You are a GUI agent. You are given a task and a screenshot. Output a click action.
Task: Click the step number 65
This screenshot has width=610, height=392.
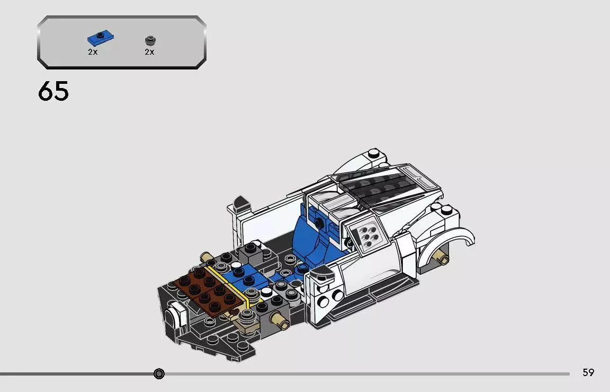53,91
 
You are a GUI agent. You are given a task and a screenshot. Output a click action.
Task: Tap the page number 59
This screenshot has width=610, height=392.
588,372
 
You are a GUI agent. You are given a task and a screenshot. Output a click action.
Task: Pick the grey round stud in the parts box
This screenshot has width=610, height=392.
149,40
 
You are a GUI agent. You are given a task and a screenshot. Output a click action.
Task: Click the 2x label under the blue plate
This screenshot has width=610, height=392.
93,52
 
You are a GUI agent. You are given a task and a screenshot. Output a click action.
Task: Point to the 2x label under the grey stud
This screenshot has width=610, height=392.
149,52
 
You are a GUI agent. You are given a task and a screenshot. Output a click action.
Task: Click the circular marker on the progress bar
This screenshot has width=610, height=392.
159,374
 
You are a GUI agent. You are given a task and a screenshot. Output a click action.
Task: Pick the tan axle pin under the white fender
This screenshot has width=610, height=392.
441,258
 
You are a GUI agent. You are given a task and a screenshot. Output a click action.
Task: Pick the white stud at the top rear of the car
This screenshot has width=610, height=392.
374,154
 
